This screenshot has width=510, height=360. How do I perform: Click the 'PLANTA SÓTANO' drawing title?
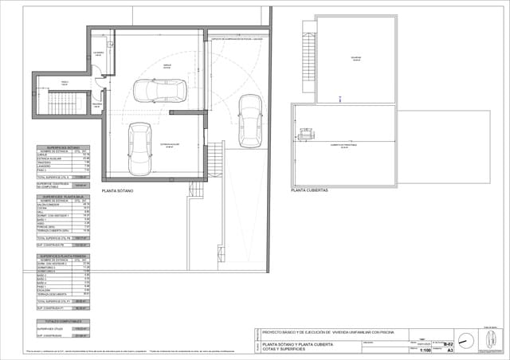tap(117, 191)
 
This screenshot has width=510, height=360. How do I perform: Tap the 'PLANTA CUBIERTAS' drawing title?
tap(310, 191)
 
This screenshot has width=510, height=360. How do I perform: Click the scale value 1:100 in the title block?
tap(426, 349)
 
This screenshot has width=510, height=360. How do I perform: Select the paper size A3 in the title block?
tap(449, 349)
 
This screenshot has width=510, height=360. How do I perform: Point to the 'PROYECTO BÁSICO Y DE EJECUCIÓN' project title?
tap(319, 331)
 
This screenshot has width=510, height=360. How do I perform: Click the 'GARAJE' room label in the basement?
tap(167, 65)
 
